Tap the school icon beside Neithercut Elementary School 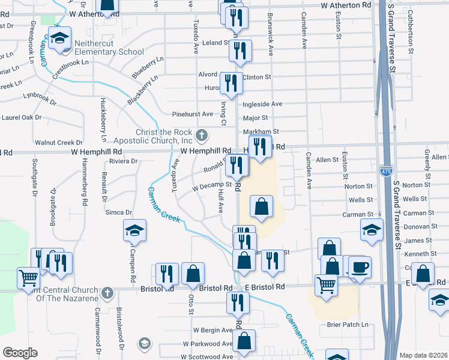tap(59, 39)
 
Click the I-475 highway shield tap(387, 172)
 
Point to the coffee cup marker tap(360, 267)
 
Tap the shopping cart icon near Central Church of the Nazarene tap(29, 278)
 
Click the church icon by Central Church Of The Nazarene tap(107, 293)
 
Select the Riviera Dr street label tap(124, 161)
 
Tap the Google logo tap(20, 353)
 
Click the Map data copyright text tap(424, 355)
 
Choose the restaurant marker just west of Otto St tap(167, 274)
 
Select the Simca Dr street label tap(119, 212)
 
